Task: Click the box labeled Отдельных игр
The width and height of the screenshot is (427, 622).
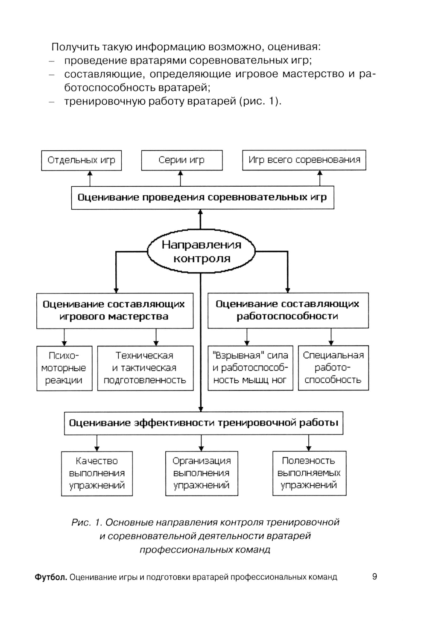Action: [x=81, y=160]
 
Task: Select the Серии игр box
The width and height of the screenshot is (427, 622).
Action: [x=181, y=160]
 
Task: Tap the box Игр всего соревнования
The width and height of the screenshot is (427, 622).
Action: [x=304, y=160]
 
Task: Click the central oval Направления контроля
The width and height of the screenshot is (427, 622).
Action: [x=201, y=251]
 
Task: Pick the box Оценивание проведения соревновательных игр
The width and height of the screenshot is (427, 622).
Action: [x=202, y=197]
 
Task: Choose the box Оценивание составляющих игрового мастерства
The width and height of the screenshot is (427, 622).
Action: [x=114, y=311]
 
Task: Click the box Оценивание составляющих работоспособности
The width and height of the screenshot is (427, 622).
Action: [x=288, y=311]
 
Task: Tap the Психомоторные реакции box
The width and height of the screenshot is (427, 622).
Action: [x=64, y=368]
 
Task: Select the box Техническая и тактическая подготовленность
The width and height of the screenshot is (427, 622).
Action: [x=145, y=368]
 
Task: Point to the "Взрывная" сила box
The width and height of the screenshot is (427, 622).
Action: [x=250, y=368]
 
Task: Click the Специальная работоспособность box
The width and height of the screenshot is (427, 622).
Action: [x=333, y=368]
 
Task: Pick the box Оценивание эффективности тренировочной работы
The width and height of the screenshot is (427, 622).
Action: [x=203, y=423]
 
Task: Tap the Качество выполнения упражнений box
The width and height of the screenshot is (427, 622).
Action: [x=97, y=473]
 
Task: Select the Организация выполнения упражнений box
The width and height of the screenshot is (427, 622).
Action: [x=202, y=473]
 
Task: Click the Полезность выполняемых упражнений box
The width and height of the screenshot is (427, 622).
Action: [x=309, y=473]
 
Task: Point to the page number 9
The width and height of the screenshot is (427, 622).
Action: [x=374, y=577]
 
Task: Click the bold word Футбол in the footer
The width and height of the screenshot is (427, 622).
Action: [x=51, y=578]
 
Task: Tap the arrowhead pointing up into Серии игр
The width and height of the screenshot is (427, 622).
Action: [x=181, y=173]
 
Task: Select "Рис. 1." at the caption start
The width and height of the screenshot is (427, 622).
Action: [x=87, y=522]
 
